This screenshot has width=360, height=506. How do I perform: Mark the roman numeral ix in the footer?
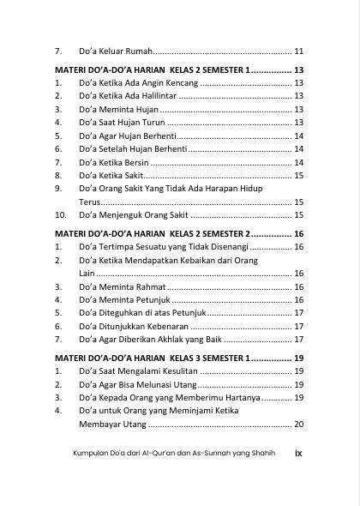click(x=297, y=452)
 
